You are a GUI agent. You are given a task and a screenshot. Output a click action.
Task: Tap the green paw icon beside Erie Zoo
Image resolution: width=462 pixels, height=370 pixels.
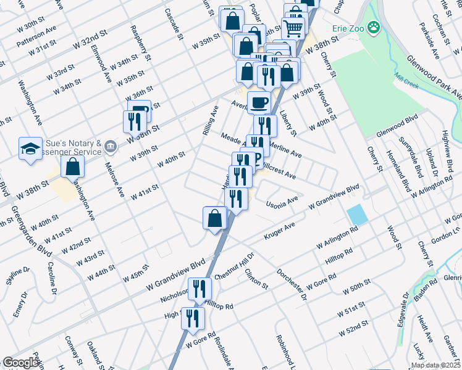tap(373, 27)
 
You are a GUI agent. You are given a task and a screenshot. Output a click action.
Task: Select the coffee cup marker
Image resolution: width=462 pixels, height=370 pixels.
tap(259, 102)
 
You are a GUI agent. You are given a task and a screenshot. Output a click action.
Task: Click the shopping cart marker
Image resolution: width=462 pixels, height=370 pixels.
tap(293, 27)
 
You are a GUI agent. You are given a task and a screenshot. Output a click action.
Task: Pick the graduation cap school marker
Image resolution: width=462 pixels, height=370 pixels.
tap(30, 149)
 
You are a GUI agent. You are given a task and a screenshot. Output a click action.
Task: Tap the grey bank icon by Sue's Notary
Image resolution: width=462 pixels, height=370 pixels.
tap(111, 147)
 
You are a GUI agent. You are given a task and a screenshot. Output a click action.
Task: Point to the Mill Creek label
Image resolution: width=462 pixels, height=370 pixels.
tap(407, 83)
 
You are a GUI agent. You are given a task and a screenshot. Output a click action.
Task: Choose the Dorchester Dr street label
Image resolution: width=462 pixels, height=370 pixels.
tap(291, 283)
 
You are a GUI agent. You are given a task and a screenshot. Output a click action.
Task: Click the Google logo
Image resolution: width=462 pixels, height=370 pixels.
tap(21, 363)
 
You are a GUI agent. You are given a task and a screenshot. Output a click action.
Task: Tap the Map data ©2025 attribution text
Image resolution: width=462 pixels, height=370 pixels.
tap(435, 365)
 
